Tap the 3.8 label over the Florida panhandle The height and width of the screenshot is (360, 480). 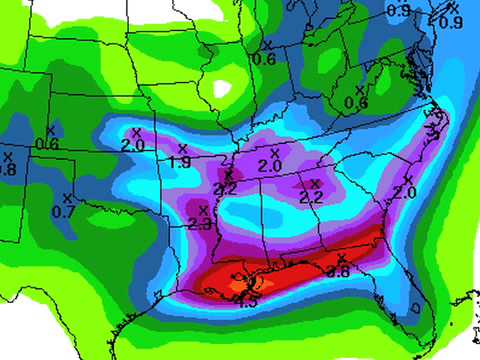click(x=339, y=271)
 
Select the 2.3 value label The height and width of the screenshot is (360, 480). click(x=199, y=224)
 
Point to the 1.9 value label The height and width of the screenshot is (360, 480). click(x=180, y=162)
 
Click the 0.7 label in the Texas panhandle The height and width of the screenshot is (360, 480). click(x=63, y=212)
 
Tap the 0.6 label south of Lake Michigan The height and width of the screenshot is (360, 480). click(x=265, y=59)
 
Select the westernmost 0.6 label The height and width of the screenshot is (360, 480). click(x=46, y=145)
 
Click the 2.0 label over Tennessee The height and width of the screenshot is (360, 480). click(x=270, y=165)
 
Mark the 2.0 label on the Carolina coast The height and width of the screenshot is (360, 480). click(x=403, y=193)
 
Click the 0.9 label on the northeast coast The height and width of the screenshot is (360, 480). click(x=452, y=23)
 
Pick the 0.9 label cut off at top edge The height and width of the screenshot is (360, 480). click(x=398, y=9)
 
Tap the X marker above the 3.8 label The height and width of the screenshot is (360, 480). click(x=341, y=258)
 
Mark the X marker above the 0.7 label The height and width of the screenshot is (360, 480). click(x=66, y=197)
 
